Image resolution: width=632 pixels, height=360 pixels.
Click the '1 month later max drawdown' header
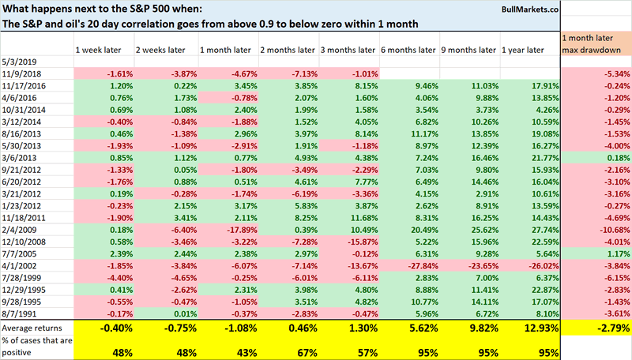(596, 43)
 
